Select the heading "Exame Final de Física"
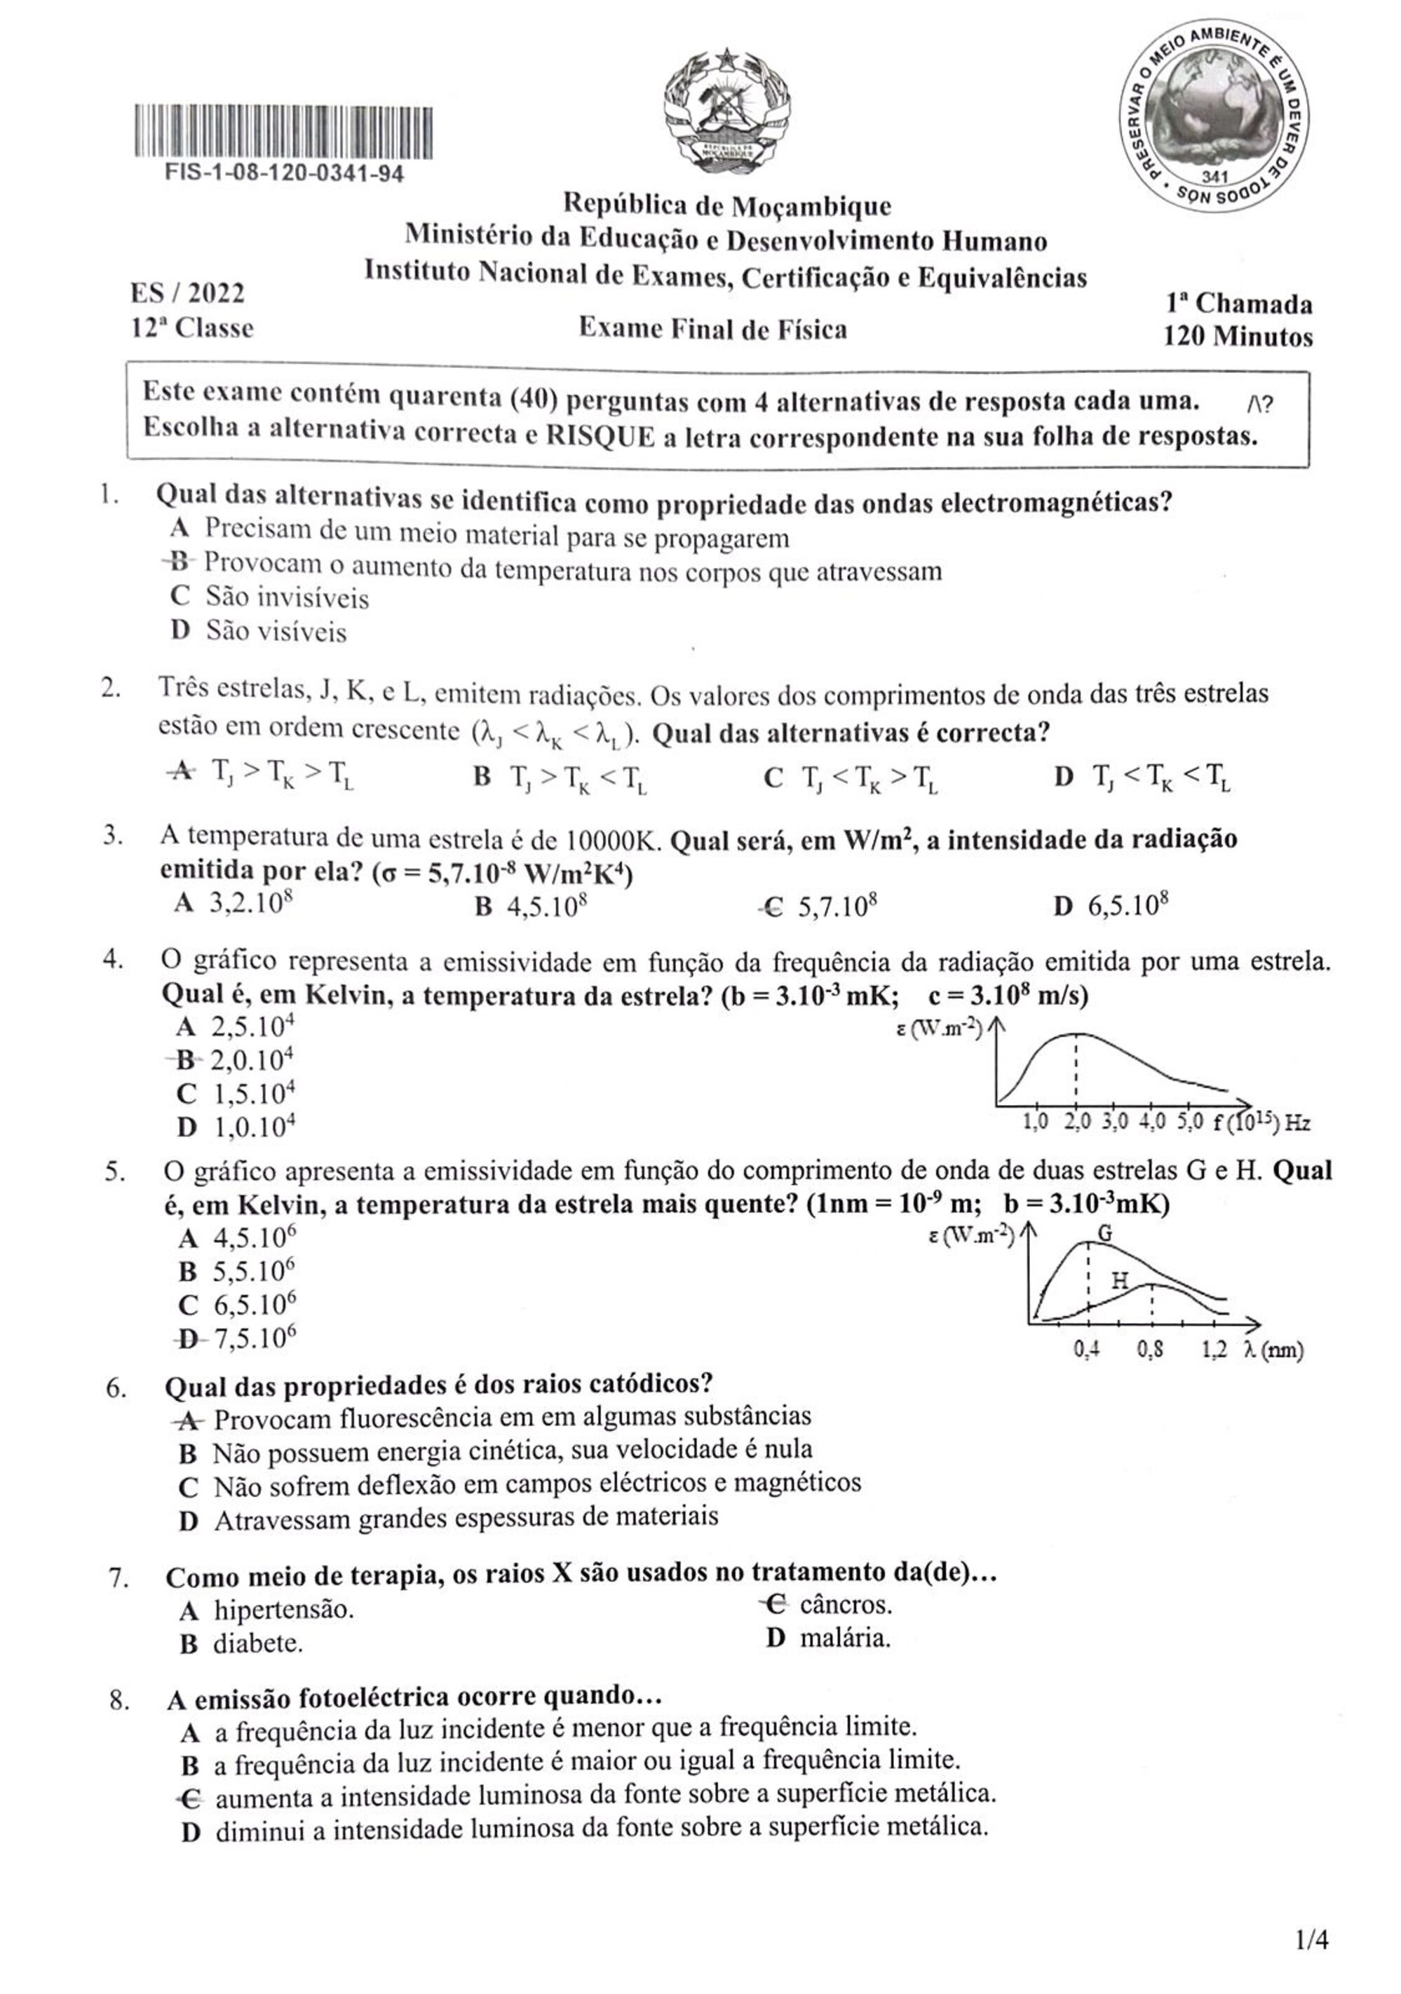click(712, 329)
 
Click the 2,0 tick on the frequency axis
click(1077, 1122)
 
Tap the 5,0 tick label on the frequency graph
click(1189, 1122)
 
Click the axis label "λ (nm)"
click(1273, 1350)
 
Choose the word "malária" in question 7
click(844, 1639)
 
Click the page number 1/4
click(1311, 1939)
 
